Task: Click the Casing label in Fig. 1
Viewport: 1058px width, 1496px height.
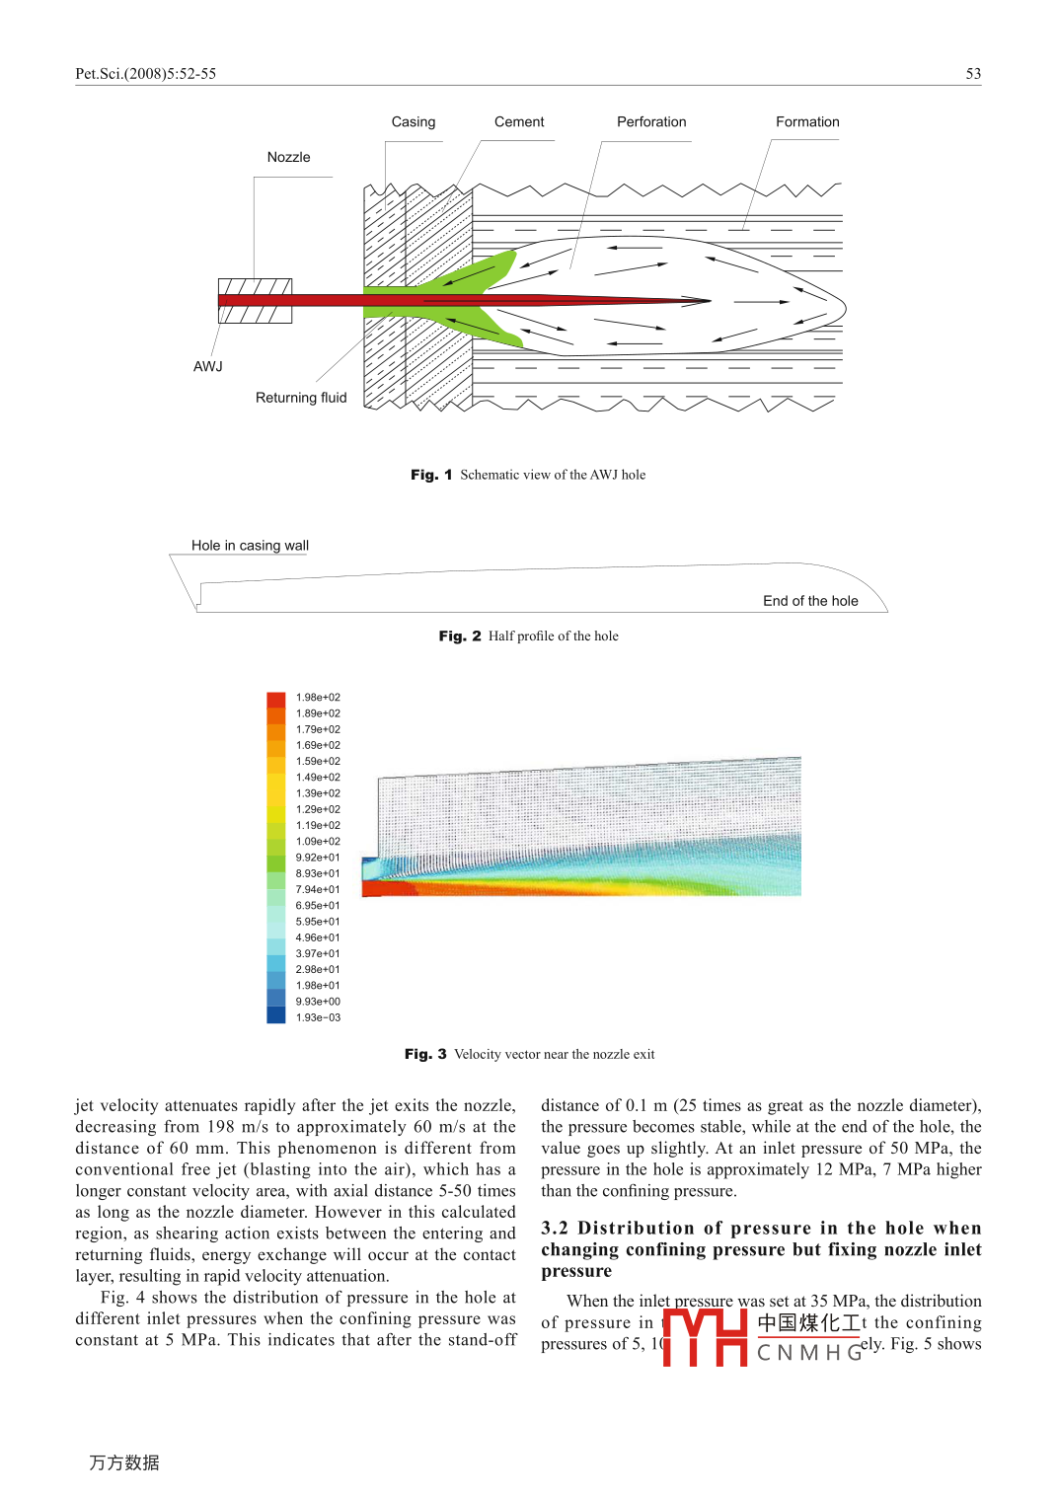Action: pyautogui.click(x=413, y=122)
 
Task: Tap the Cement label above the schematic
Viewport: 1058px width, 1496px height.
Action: pyautogui.click(x=519, y=122)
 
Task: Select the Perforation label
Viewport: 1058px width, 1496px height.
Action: pyautogui.click(x=651, y=122)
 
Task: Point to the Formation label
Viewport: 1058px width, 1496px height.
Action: pyautogui.click(x=807, y=122)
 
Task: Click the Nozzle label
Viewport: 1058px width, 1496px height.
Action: pyautogui.click(x=288, y=158)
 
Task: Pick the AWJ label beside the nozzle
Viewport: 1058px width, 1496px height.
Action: pyautogui.click(x=208, y=367)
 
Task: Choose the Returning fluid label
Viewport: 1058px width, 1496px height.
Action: pyautogui.click(x=301, y=398)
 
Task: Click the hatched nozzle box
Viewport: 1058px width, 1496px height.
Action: pyautogui.click(x=255, y=301)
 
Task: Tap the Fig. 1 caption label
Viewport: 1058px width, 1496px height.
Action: pyautogui.click(x=431, y=475)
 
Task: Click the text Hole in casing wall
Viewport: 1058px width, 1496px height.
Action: pyautogui.click(x=250, y=546)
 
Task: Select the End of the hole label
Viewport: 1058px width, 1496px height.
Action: pyautogui.click(x=810, y=601)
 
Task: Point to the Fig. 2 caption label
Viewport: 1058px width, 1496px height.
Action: pyautogui.click(x=460, y=636)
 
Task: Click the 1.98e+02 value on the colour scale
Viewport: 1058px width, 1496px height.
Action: pyautogui.click(x=318, y=698)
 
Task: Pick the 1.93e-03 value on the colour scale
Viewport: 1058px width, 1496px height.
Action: pyautogui.click(x=318, y=1017)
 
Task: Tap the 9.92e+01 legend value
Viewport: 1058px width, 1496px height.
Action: pyautogui.click(x=318, y=858)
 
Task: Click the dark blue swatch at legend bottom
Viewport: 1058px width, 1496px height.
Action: pyautogui.click(x=276, y=1015)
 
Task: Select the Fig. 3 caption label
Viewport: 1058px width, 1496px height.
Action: pyautogui.click(x=425, y=1055)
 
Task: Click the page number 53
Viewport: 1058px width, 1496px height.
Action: pyautogui.click(x=973, y=74)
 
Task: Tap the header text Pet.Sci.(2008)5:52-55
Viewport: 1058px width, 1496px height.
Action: pyautogui.click(x=146, y=74)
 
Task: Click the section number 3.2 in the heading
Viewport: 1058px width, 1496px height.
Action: pyautogui.click(x=555, y=1229)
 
